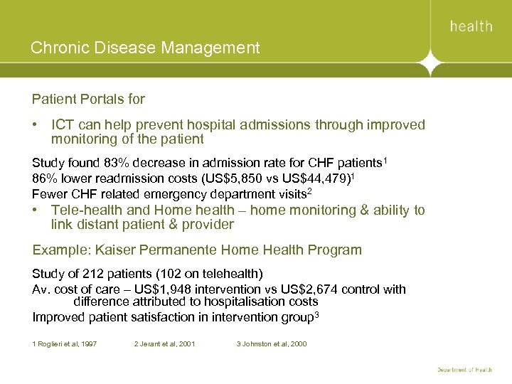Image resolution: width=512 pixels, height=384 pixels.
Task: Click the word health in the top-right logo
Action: point(471,26)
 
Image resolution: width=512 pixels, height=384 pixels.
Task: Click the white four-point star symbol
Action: point(430,65)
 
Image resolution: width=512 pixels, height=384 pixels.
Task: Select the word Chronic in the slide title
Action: point(57,48)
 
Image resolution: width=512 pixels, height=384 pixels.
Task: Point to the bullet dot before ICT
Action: point(35,125)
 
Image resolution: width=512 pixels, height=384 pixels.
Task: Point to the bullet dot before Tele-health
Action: point(35,210)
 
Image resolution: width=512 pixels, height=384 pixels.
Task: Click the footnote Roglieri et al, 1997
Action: point(65,344)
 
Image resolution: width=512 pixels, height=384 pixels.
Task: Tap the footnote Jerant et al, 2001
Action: point(164,344)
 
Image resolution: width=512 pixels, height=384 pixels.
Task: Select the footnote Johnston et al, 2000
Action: point(272,344)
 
